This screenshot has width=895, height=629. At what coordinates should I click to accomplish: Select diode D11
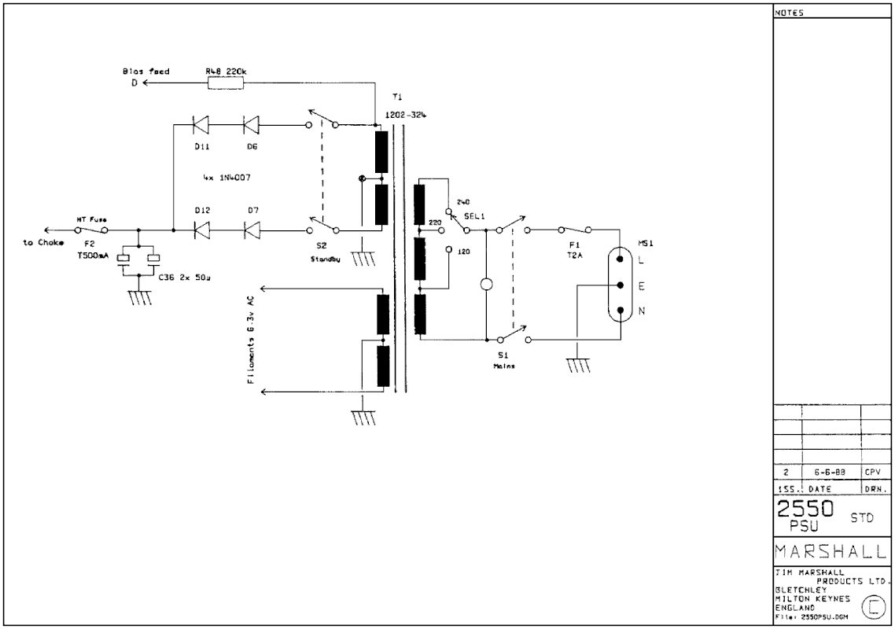click(x=201, y=124)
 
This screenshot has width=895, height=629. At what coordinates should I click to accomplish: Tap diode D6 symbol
click(x=251, y=124)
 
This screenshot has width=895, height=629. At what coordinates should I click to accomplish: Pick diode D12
click(x=201, y=230)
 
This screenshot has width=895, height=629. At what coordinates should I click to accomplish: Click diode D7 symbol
click(x=251, y=230)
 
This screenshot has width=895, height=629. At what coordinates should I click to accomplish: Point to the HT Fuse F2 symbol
click(x=92, y=230)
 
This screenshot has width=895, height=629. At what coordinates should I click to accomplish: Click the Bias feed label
click(x=145, y=71)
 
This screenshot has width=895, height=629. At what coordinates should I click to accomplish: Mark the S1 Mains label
click(x=503, y=361)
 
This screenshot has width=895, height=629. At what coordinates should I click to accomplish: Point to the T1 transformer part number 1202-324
click(x=407, y=115)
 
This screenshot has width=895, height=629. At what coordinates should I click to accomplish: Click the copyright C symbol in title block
click(x=874, y=606)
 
